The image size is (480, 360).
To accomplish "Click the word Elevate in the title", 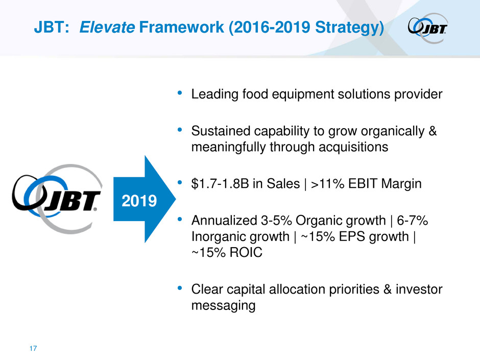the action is click(107, 27).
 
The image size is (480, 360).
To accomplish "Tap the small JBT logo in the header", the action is click(428, 28).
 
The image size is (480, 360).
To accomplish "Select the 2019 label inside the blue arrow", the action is click(139, 201).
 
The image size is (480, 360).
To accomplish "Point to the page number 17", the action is click(33, 348).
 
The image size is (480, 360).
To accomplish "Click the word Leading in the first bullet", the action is click(214, 94).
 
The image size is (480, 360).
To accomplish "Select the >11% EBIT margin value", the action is click(327, 184).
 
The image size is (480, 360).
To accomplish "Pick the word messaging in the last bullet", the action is click(224, 305).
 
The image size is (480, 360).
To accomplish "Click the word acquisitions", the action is click(353, 147).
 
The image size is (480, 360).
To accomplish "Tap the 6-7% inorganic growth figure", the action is click(413, 221).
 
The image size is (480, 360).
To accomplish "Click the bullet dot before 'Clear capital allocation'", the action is click(180, 288).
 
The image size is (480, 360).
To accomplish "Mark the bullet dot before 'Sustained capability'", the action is click(180, 130).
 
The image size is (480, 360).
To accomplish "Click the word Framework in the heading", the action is click(181, 27).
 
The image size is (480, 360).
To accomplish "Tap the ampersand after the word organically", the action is click(432, 131).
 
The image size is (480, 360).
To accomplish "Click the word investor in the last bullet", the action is click(419, 290).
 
